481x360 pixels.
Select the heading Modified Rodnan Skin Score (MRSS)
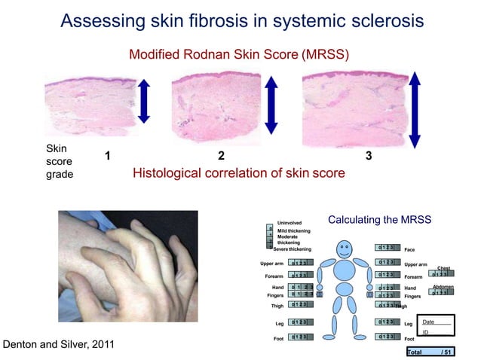(x=239, y=55)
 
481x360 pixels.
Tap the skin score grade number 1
(x=108, y=157)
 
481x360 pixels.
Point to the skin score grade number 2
(x=221, y=157)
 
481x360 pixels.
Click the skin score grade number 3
(x=368, y=157)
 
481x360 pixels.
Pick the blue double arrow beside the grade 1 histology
(x=145, y=100)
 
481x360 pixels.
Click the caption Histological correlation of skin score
(x=238, y=173)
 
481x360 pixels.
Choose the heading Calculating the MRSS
(x=379, y=220)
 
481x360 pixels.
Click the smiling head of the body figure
(x=345, y=248)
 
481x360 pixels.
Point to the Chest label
(x=443, y=268)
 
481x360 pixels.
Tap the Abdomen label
(x=442, y=287)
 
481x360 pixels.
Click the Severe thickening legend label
(x=292, y=249)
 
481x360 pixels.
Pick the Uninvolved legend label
(x=290, y=223)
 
